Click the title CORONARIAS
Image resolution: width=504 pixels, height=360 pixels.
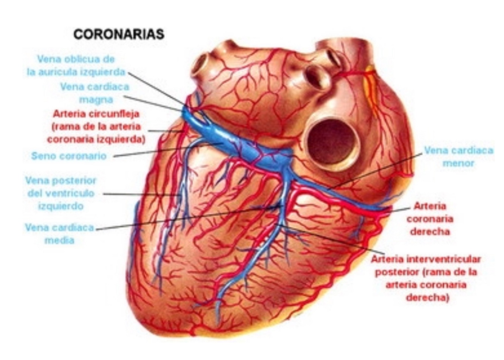119,34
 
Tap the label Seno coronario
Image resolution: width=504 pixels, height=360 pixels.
69,156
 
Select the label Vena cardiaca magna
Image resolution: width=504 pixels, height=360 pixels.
95,93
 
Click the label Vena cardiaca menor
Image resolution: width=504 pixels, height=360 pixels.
458,157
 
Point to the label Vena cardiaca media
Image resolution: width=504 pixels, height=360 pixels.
59,234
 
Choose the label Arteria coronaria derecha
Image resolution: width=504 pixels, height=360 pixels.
430,219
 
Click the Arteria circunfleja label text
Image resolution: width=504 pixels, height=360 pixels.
96,126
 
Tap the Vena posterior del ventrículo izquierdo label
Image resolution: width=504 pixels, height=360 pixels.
60,193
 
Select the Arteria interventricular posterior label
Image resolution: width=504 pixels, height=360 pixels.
425,278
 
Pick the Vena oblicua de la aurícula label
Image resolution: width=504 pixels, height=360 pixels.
76,65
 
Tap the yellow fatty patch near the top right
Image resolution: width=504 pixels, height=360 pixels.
370,87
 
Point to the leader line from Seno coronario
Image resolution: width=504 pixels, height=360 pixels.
166,149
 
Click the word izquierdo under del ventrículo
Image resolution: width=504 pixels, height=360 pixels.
60,206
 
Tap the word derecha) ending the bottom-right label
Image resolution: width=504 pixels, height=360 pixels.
427,298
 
